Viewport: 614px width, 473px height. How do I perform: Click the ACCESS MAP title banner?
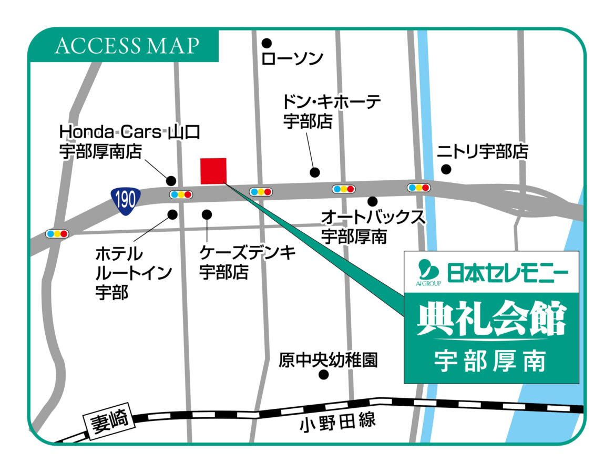coord(126,46)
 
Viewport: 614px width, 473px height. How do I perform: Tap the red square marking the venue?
coord(213,171)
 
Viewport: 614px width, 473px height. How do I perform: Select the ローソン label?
coord(292,58)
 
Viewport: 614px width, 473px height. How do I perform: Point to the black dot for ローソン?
coord(267,43)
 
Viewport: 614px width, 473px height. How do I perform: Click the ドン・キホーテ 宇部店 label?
coord(331,111)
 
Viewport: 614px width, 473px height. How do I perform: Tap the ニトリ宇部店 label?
coord(482,152)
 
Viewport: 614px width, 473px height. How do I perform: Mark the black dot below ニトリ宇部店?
coord(446,169)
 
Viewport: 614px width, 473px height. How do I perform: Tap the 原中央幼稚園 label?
coord(328,360)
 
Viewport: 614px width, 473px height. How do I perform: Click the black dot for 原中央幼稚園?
coord(324,375)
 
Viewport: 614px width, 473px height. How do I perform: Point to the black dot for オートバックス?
coord(373,201)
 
